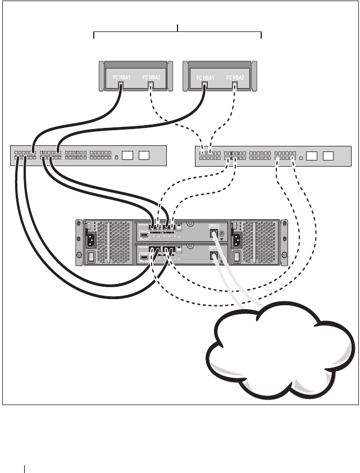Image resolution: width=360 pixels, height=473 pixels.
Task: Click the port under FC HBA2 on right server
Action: (x=235, y=85)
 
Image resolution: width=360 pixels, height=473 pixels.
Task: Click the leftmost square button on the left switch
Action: (x=128, y=155)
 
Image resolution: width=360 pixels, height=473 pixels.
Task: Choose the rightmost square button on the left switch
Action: (x=144, y=155)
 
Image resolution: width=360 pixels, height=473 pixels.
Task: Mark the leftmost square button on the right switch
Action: (x=312, y=155)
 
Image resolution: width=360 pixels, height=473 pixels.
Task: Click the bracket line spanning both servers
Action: (x=177, y=33)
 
